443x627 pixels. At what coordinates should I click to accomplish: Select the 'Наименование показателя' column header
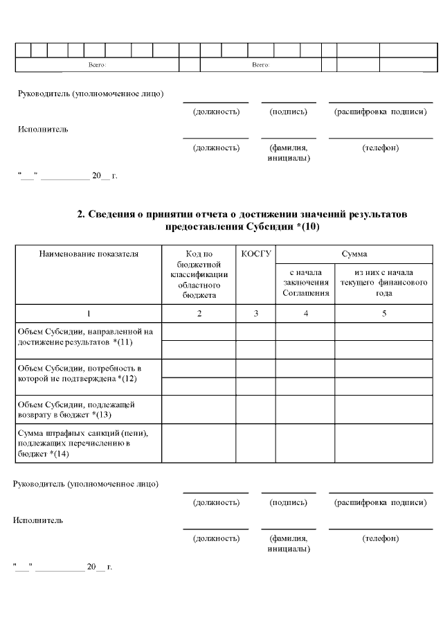point(89,254)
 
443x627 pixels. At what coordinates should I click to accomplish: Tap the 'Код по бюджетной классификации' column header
point(199,274)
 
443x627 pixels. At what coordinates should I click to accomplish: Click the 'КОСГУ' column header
point(255,254)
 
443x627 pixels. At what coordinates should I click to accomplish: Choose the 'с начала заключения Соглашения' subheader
point(305,283)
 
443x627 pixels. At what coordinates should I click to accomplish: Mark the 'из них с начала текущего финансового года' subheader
point(383,283)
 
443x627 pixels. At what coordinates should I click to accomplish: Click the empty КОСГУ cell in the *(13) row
point(255,409)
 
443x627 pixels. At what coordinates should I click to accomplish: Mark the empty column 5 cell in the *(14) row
point(383,443)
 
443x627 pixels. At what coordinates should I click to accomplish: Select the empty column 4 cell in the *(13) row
point(305,409)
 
